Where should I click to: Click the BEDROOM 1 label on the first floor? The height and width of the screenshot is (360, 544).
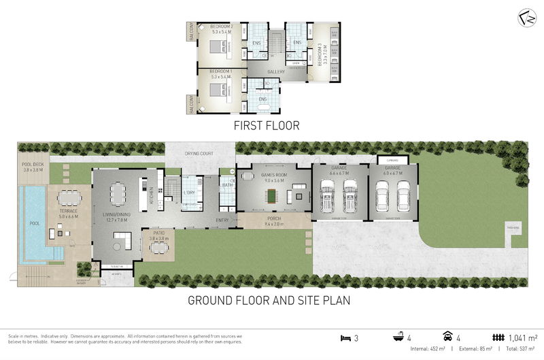[x=221, y=71]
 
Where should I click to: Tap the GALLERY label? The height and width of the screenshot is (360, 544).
[x=275, y=71]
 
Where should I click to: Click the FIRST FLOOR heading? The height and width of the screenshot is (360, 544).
[x=266, y=126]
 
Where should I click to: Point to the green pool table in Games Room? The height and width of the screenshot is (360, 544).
[x=273, y=197]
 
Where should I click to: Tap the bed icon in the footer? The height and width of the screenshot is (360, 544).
[x=345, y=337]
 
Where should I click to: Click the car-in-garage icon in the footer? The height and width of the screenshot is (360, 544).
[x=448, y=337]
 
